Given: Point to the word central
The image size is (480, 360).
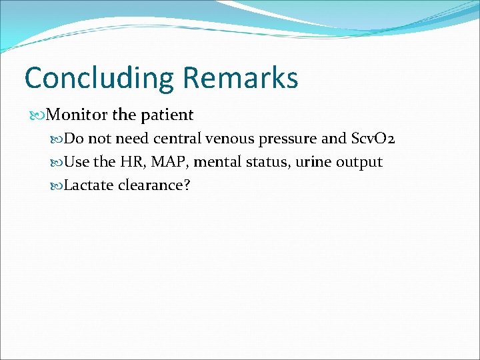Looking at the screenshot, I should pos(178,139).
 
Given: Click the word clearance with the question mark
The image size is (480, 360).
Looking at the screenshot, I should pos(154,185).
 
